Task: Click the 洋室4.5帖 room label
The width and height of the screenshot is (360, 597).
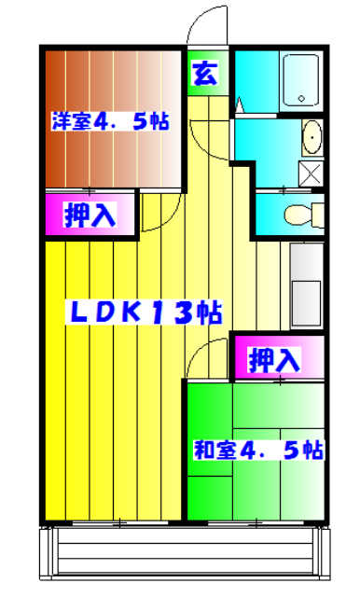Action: (x=110, y=121)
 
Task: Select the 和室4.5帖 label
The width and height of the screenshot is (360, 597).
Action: (x=258, y=451)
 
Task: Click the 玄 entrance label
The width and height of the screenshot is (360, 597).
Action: (x=205, y=74)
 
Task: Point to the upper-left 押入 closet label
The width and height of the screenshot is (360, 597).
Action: (x=90, y=215)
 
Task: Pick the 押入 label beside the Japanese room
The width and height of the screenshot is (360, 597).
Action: (x=276, y=357)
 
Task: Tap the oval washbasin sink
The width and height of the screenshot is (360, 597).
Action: (x=311, y=138)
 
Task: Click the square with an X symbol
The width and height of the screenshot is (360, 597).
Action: (x=310, y=174)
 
